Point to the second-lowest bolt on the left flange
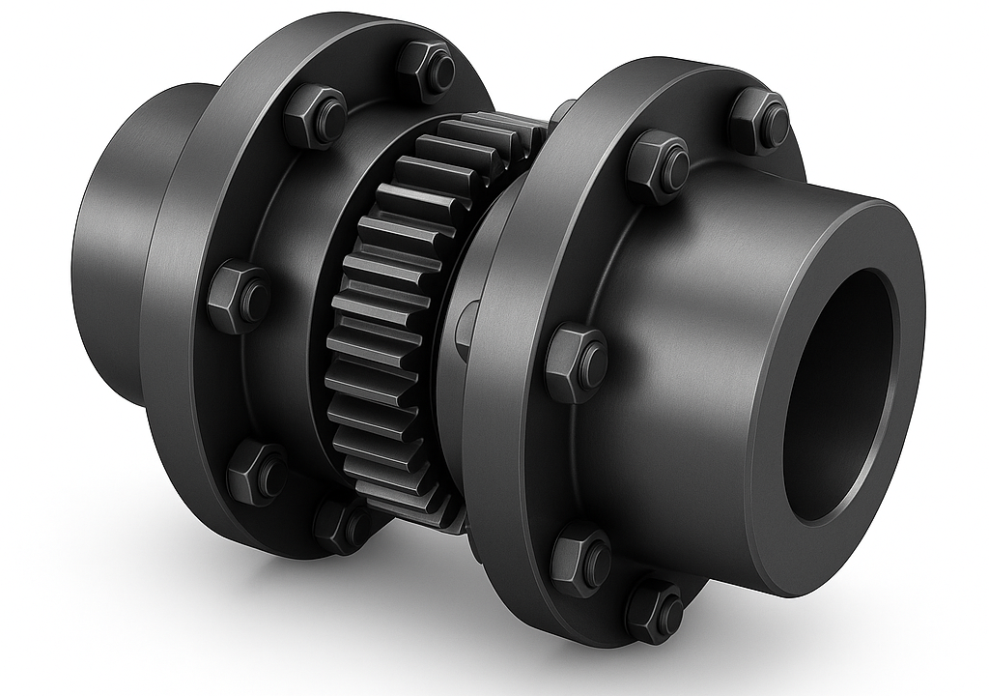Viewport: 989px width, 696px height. pos(256,471)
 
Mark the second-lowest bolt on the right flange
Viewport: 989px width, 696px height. pos(581,558)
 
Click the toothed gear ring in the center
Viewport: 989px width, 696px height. pos(386,319)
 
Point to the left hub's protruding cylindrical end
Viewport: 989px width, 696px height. pos(106,242)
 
